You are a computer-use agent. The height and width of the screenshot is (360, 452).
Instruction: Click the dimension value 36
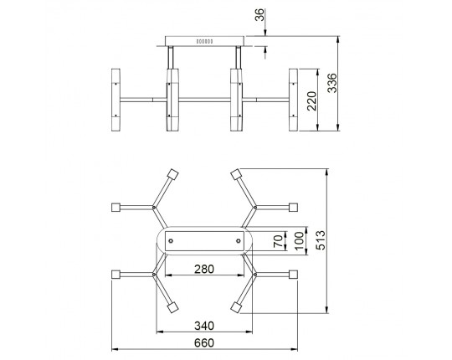260,15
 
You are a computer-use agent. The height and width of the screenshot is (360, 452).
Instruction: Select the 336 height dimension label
332,83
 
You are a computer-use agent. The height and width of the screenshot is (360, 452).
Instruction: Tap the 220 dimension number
311,100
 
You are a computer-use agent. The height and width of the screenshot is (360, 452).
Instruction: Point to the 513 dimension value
321,240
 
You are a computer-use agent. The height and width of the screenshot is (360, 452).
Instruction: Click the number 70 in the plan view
278,241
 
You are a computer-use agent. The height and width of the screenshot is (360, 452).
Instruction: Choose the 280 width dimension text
204,269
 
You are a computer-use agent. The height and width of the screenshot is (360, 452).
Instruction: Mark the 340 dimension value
204,326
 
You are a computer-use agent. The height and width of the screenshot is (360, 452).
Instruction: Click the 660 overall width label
204,343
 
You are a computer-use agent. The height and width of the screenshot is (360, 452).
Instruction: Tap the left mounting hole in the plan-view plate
171,240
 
